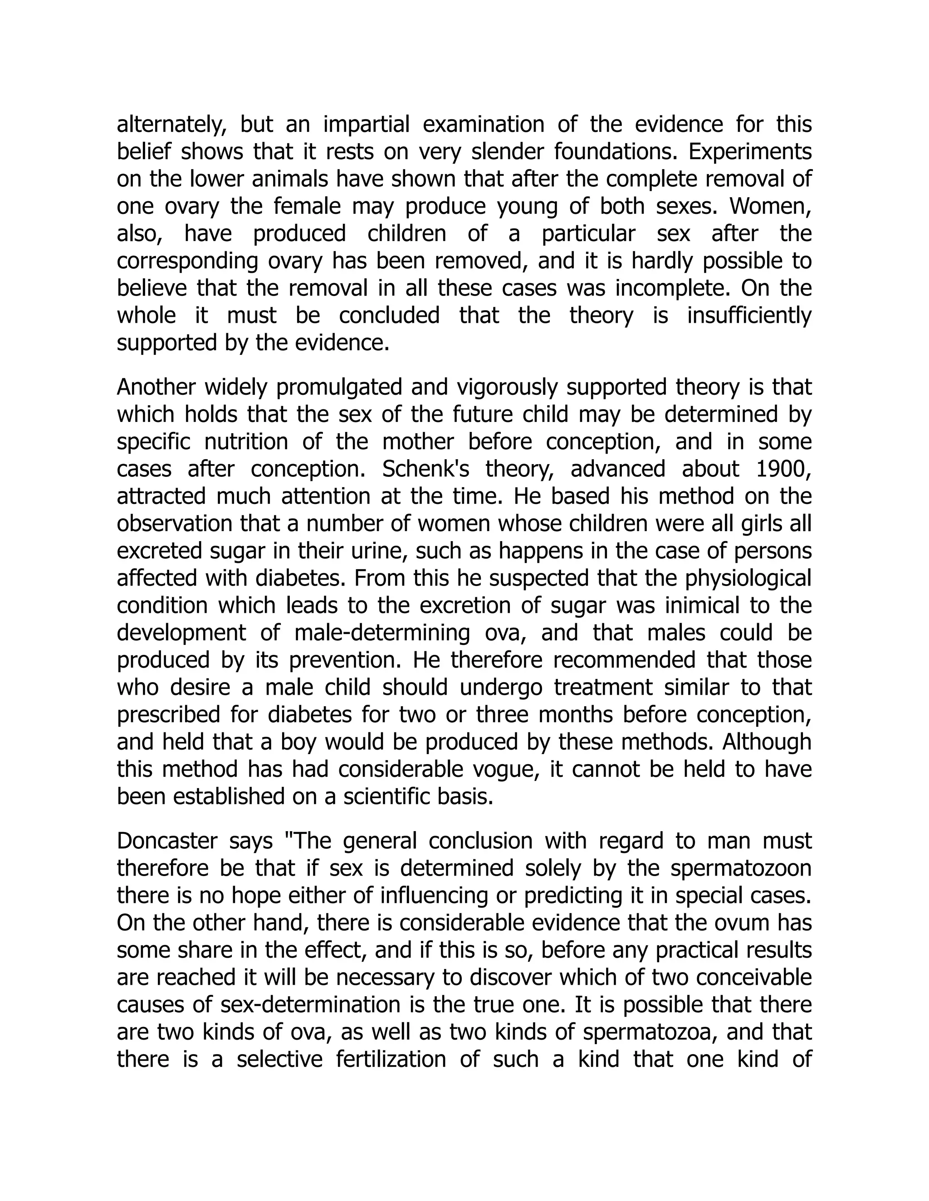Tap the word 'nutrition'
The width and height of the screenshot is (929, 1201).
pyautogui.click(x=246, y=442)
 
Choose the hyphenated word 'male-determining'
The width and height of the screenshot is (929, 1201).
pyautogui.click(x=382, y=634)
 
